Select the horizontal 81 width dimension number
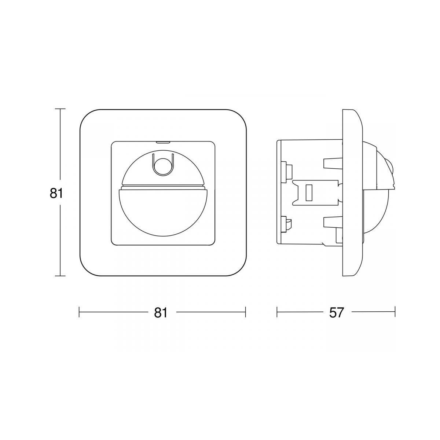tap(161, 313)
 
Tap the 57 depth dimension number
tap(336, 313)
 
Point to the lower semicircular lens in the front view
tap(164, 208)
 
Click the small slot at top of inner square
tap(162, 142)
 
